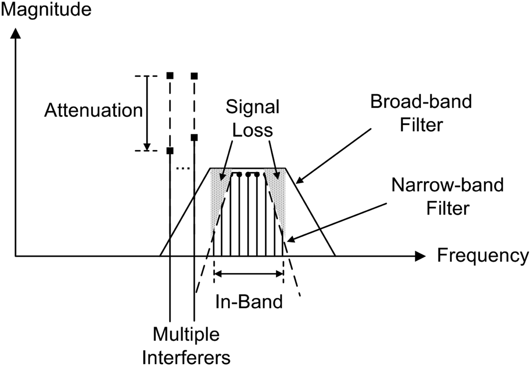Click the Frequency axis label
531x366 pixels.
coord(482,255)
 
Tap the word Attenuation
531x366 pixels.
coord(93,110)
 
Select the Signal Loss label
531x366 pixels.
coord(252,118)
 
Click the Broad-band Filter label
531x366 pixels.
coord(421,113)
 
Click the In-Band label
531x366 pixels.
coord(249,302)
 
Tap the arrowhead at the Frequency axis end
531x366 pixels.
coord(420,256)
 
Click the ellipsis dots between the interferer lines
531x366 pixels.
coord(183,168)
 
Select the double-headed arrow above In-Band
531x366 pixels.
coord(249,273)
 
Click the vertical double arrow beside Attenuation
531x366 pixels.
coord(147,113)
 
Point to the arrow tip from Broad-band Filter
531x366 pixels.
coord(298,182)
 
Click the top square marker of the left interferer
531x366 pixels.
coord(170,76)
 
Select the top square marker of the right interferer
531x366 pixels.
coord(194,76)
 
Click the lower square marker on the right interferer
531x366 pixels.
coord(194,138)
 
